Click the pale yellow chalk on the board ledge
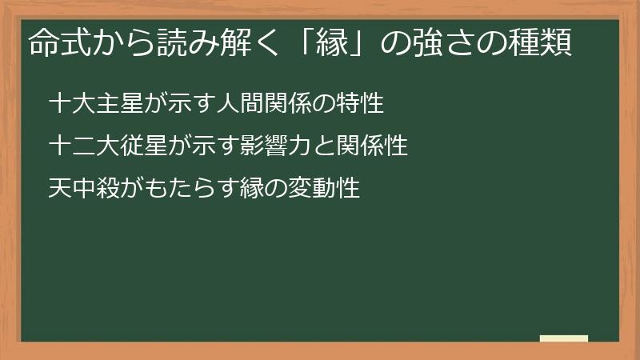(x=564, y=338)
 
